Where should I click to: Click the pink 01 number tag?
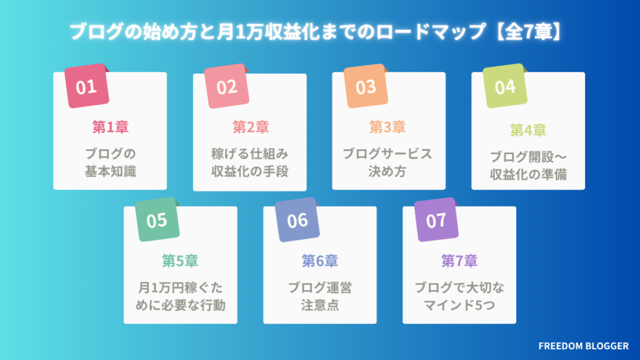pos(87,86)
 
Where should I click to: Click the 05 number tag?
pos(157,221)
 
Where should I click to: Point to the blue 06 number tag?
pos(297,221)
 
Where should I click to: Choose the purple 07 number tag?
pos(436,221)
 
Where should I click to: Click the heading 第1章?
pos(110,127)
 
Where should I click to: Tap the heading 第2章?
pos(250,127)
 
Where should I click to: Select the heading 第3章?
pos(387,127)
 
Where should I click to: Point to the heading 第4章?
pos(528,131)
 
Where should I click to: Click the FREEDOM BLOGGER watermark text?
pos(582,344)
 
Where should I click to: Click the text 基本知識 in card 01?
pos(110,171)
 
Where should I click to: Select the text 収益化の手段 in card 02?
pos(250,171)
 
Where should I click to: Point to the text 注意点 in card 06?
pos(319,306)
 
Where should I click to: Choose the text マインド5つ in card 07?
pos(459,306)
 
